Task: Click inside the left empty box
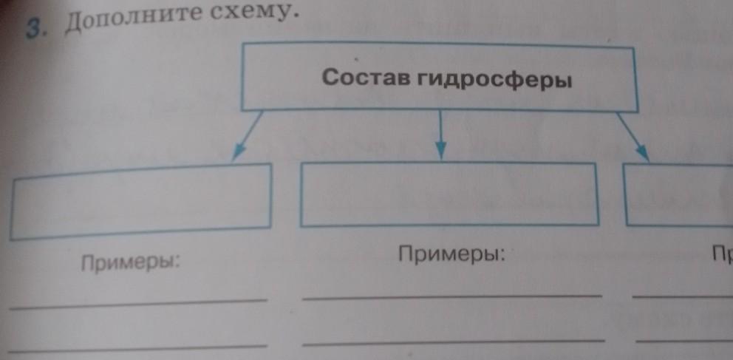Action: pos(140,201)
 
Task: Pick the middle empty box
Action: pos(449,194)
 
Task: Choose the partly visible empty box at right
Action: pos(680,194)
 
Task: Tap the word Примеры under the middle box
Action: pos(451,255)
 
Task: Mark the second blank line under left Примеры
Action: pos(139,346)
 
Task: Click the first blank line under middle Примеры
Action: pos(452,296)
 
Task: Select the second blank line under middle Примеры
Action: pos(452,342)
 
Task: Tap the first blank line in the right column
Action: pos(683,296)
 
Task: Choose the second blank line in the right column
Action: pos(683,341)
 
